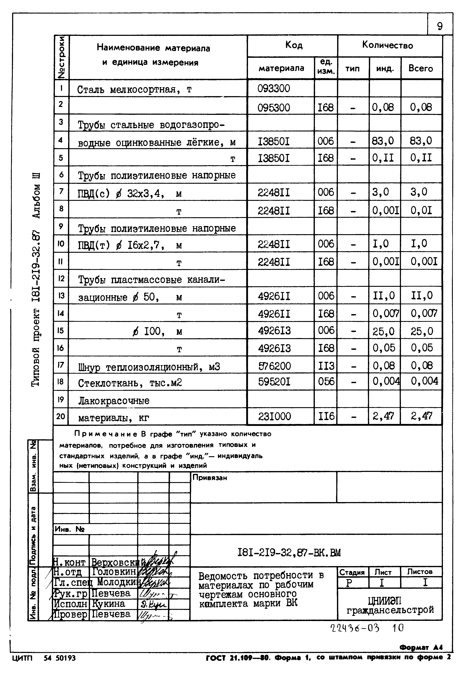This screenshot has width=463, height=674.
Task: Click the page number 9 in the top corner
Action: point(440,26)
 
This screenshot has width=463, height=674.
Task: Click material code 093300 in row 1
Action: point(273,88)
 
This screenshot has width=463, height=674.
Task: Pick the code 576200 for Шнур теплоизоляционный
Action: point(274,366)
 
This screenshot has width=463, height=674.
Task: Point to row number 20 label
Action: point(61,416)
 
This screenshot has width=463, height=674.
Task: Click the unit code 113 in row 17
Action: point(326,366)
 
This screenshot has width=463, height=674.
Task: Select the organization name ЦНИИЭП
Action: point(388,601)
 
